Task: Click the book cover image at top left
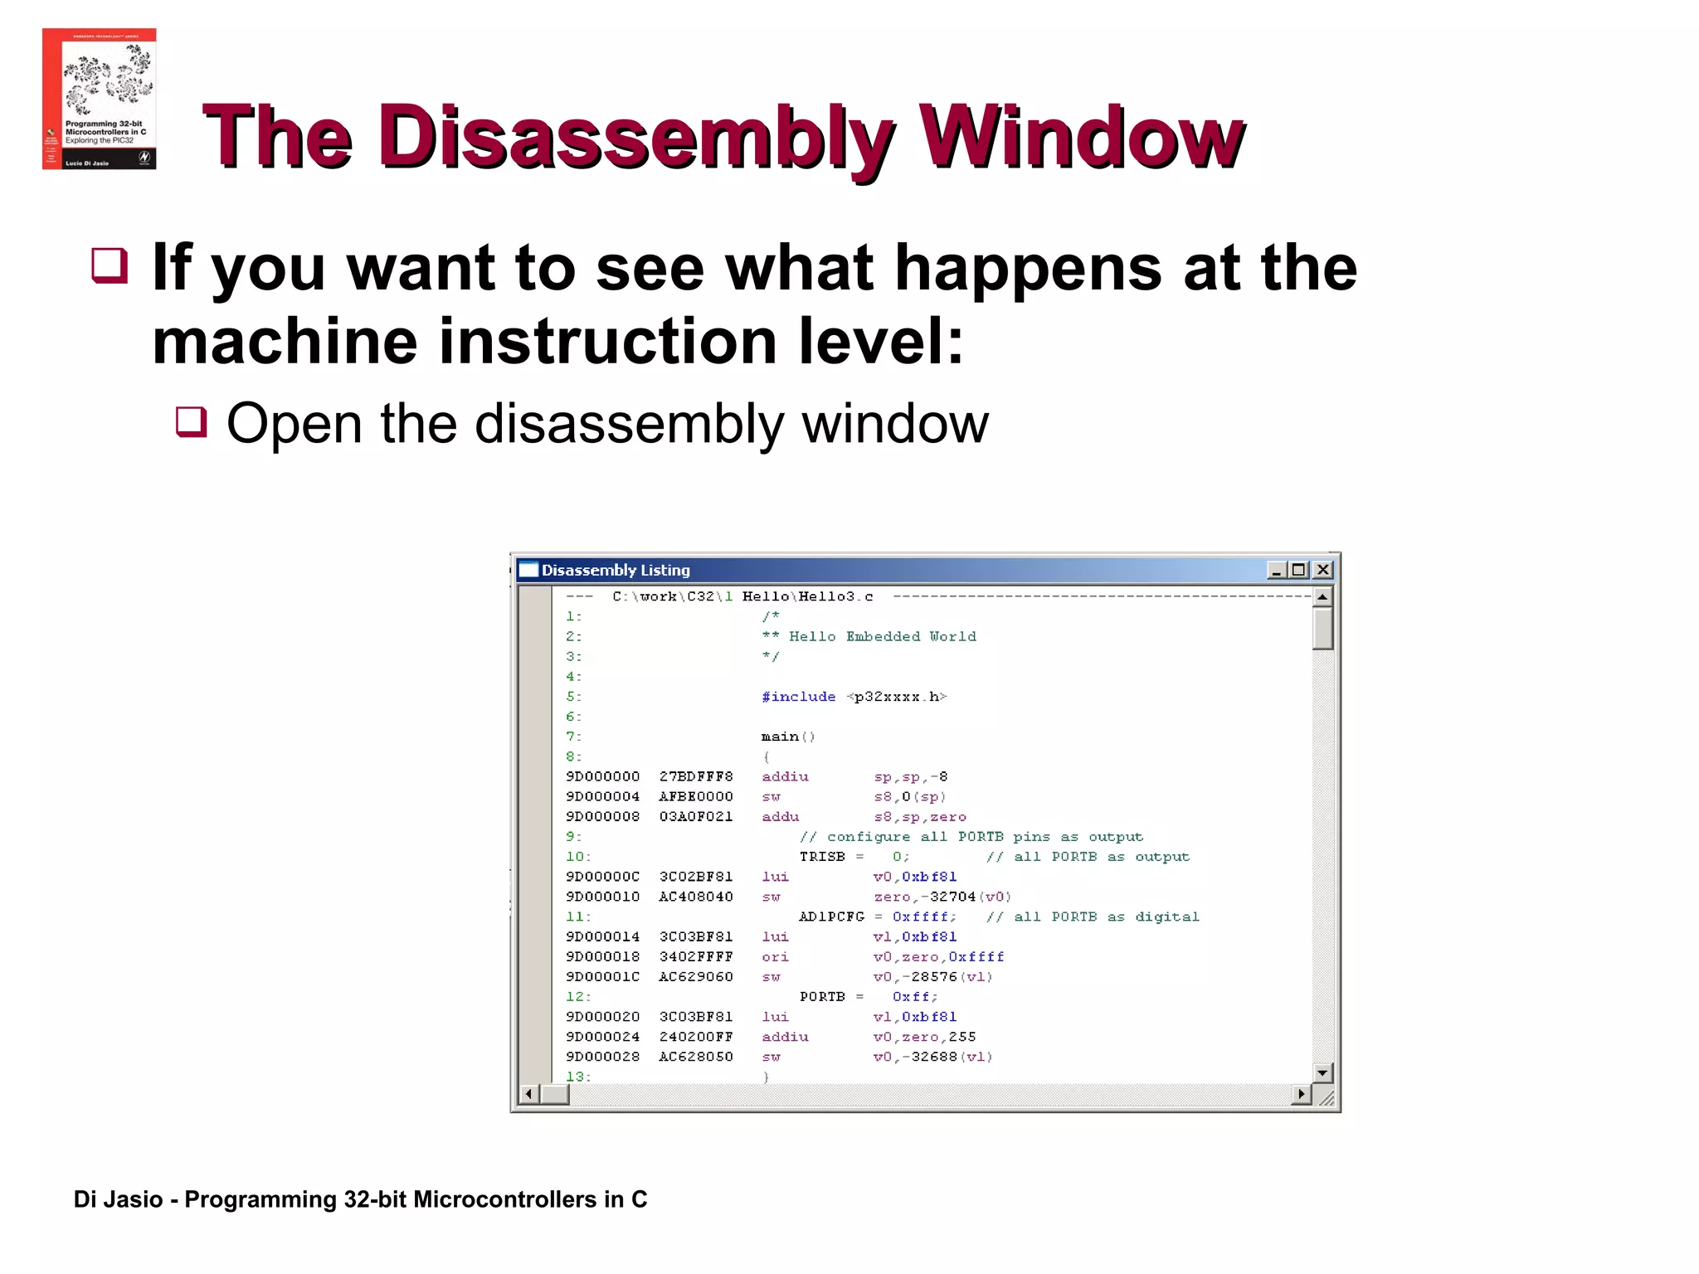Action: [x=99, y=99]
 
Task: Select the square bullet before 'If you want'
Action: [x=110, y=265]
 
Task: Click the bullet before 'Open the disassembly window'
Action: [x=191, y=421]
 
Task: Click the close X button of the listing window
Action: [x=1323, y=570]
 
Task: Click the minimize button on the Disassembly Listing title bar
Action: [x=1277, y=570]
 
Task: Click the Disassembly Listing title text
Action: [x=616, y=570]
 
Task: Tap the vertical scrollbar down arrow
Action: [x=1322, y=1072]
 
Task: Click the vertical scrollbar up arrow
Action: [x=1322, y=596]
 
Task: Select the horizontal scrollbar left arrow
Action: [x=528, y=1094]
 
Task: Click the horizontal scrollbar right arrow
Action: [x=1302, y=1094]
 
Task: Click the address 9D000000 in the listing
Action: [x=602, y=776]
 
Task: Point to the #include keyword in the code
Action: [x=798, y=697]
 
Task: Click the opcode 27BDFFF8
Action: [x=696, y=776]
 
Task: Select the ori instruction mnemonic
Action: [x=775, y=956]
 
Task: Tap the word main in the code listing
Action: [x=780, y=737]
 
